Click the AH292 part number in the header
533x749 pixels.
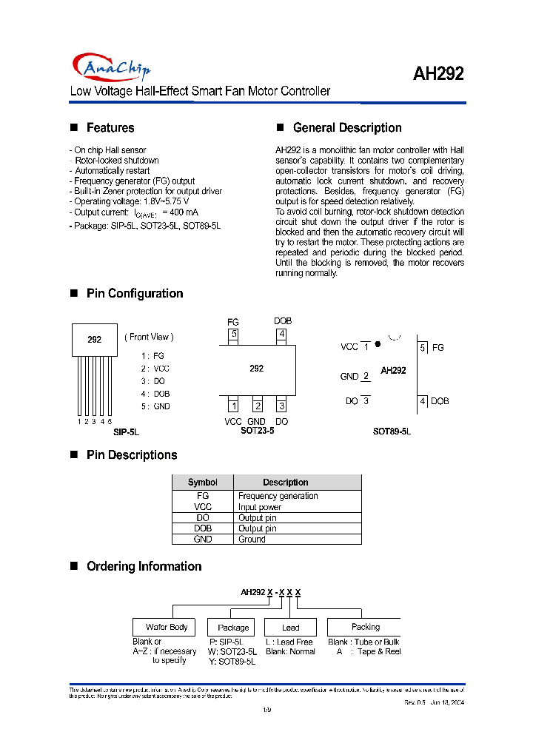point(438,74)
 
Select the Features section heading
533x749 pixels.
point(110,128)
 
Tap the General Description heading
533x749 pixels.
point(347,128)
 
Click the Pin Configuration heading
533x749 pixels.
point(135,294)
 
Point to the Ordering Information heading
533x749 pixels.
point(144,567)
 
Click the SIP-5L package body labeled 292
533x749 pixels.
point(95,340)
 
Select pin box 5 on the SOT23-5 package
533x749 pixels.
point(233,334)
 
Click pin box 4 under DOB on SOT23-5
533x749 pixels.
point(281,334)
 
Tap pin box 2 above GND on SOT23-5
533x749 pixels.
point(257,406)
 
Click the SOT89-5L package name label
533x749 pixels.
point(392,431)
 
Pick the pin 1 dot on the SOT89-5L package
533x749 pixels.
point(378,344)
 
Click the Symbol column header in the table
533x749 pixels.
point(203,483)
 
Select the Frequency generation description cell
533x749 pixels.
point(278,496)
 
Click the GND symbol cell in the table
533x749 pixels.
point(203,540)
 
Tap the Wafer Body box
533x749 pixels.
point(167,627)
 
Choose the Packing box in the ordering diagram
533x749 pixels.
point(365,627)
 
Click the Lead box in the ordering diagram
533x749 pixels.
point(291,628)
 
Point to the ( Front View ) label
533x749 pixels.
point(149,337)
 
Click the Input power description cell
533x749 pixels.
point(260,507)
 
